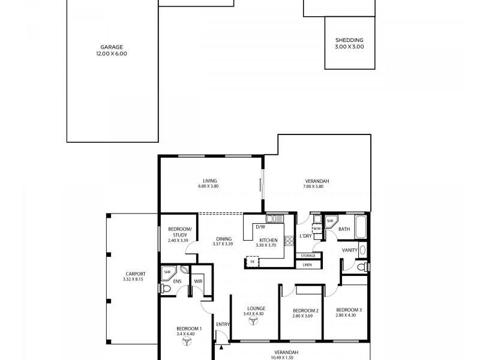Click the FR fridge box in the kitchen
click(251, 262)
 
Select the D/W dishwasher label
click(260, 227)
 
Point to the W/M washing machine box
click(317, 229)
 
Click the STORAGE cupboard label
click(307, 256)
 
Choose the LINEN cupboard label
click(307, 265)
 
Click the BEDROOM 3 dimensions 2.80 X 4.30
click(346, 315)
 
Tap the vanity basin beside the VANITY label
click(362, 250)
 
